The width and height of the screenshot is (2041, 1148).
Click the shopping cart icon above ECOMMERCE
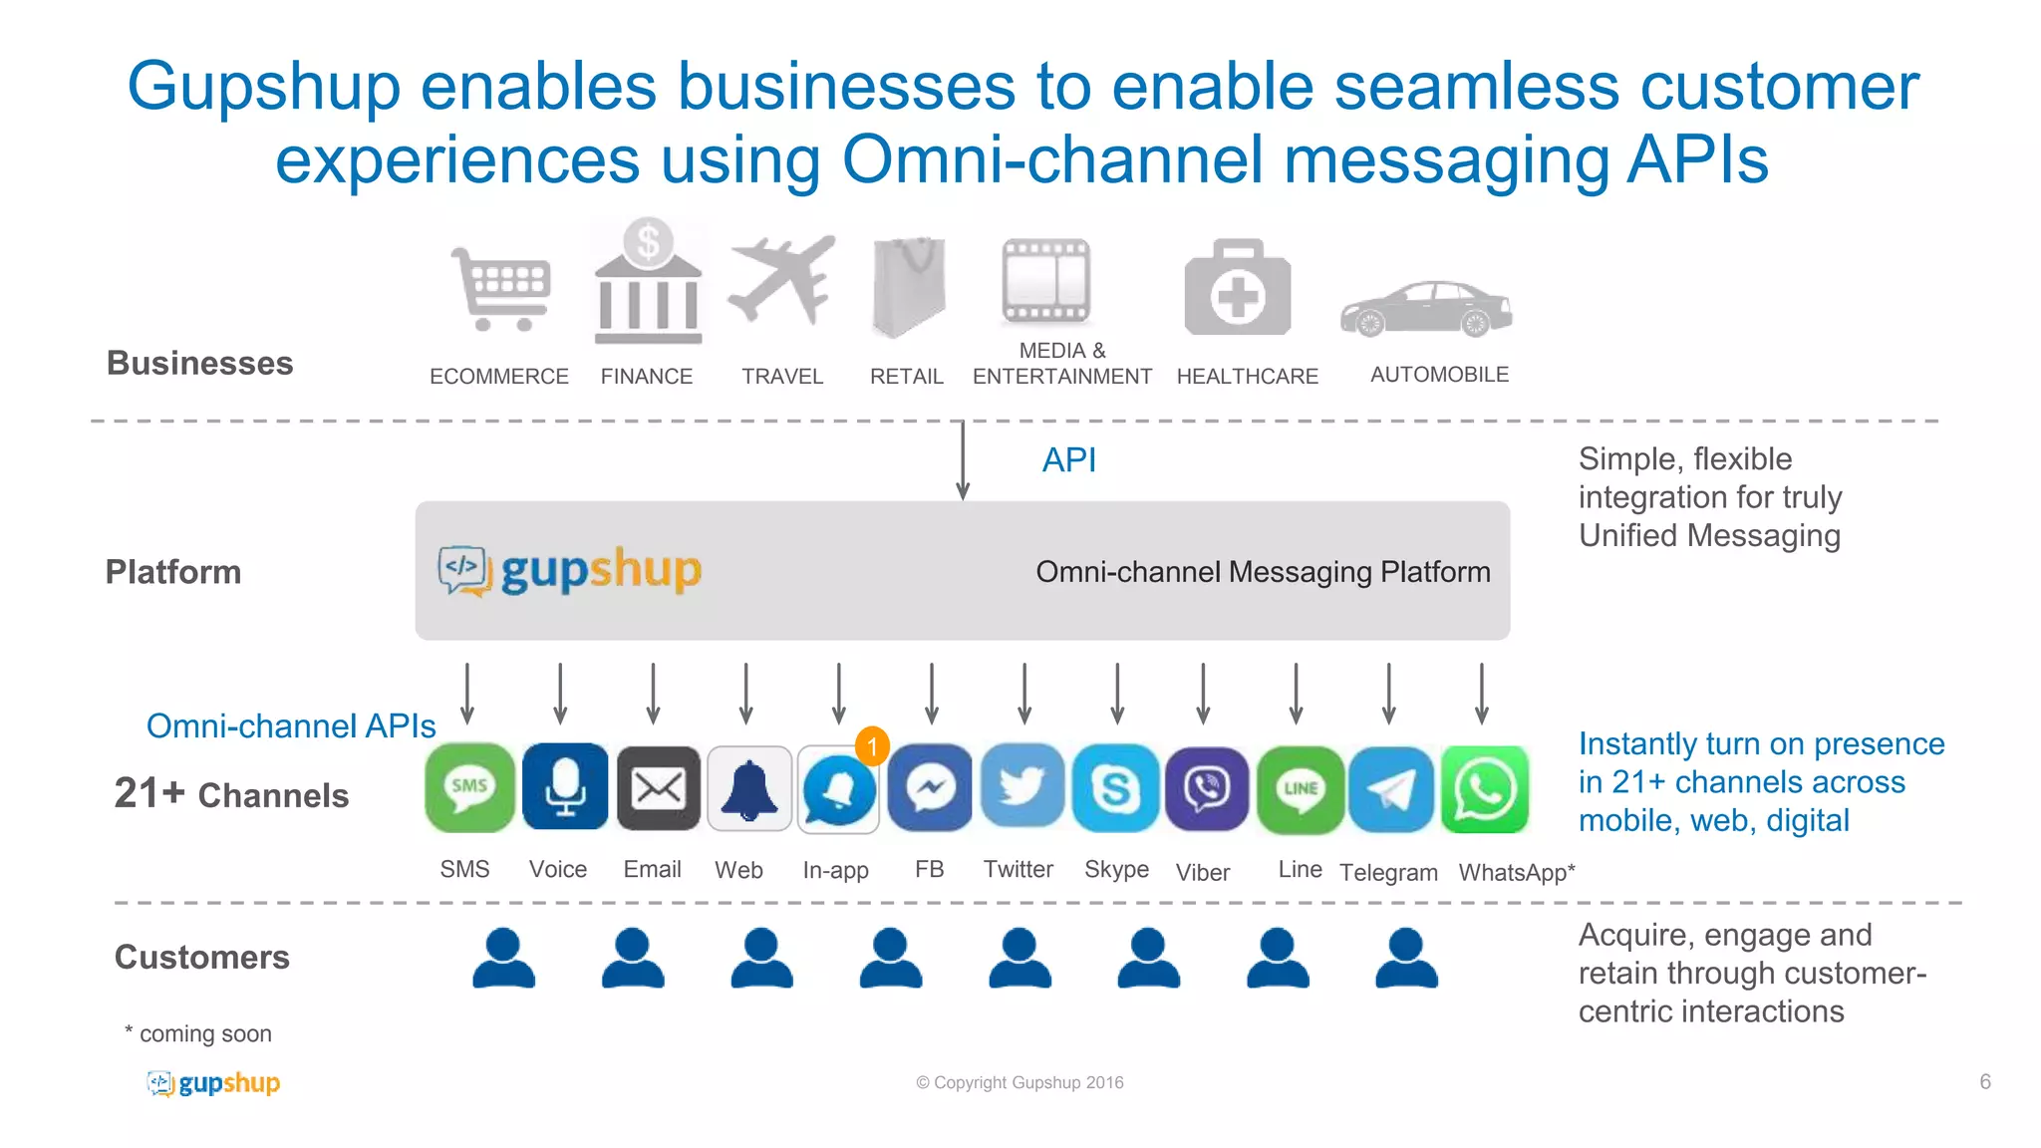[x=501, y=289]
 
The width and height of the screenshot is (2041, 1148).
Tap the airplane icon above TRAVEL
[x=782, y=281]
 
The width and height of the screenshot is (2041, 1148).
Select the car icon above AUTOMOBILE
[x=1427, y=309]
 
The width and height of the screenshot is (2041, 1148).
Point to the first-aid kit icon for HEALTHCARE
[x=1237, y=289]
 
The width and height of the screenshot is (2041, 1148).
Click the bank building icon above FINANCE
[x=648, y=284]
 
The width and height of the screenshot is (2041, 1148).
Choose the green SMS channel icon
[x=469, y=788]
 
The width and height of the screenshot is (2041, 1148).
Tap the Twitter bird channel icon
[x=1022, y=788]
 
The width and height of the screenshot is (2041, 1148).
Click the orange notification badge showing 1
[x=872, y=745]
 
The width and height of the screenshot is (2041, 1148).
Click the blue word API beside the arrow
[x=1068, y=460]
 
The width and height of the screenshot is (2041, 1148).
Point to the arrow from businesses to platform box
[x=963, y=460]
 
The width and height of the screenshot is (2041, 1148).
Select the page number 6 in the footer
[x=1985, y=1082]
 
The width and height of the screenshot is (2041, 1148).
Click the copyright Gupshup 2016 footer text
[x=1020, y=1083]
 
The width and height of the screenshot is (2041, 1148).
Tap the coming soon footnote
[x=198, y=1034]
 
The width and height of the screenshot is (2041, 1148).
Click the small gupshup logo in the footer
[x=213, y=1083]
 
